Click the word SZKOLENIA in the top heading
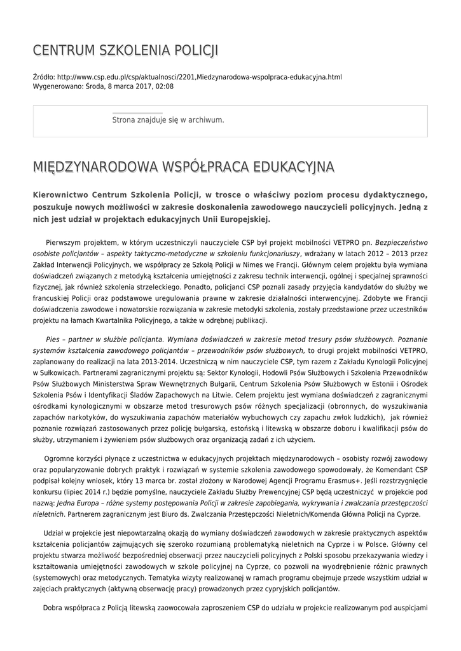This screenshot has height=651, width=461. click(124, 50)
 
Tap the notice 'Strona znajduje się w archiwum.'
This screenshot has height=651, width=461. click(168, 120)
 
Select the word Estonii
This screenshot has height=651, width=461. click(373, 384)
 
